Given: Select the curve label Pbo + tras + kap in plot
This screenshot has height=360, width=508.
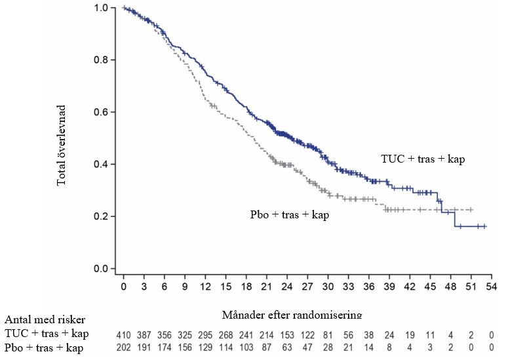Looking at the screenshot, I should pyautogui.click(x=289, y=215).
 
